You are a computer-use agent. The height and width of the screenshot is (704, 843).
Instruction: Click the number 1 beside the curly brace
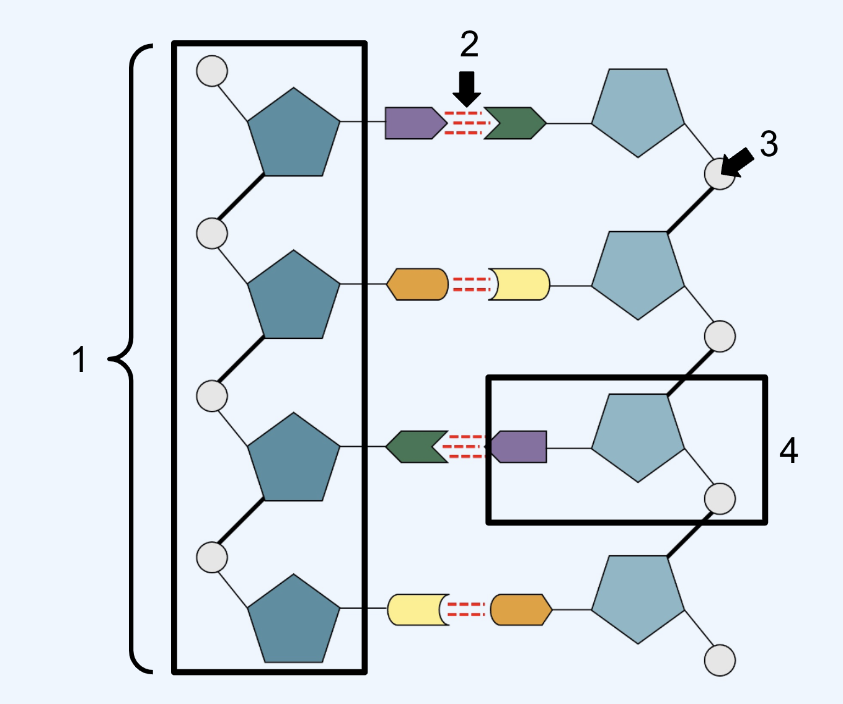(x=79, y=359)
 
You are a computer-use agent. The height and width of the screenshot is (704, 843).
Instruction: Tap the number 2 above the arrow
(x=469, y=44)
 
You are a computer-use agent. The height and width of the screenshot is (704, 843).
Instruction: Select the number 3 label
(x=769, y=144)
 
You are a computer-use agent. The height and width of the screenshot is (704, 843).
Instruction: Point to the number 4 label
(x=788, y=450)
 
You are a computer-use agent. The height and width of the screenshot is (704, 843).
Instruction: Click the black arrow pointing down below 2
(x=467, y=89)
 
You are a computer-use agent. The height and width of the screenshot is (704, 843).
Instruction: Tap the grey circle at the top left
(x=212, y=71)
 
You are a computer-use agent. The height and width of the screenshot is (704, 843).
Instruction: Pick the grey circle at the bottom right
(x=720, y=660)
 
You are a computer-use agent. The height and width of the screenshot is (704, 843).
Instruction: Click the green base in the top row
(x=515, y=123)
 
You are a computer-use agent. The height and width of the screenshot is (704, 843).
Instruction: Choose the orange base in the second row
(x=417, y=284)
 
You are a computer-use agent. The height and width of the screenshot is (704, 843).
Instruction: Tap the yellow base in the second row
(x=519, y=284)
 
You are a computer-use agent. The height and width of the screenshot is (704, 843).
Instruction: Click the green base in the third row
(x=417, y=446)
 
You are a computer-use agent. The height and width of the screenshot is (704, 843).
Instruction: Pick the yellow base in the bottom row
(x=418, y=610)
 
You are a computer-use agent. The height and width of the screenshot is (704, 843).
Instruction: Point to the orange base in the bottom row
(x=521, y=610)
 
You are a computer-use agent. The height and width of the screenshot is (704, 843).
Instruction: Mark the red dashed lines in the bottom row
(x=467, y=610)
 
